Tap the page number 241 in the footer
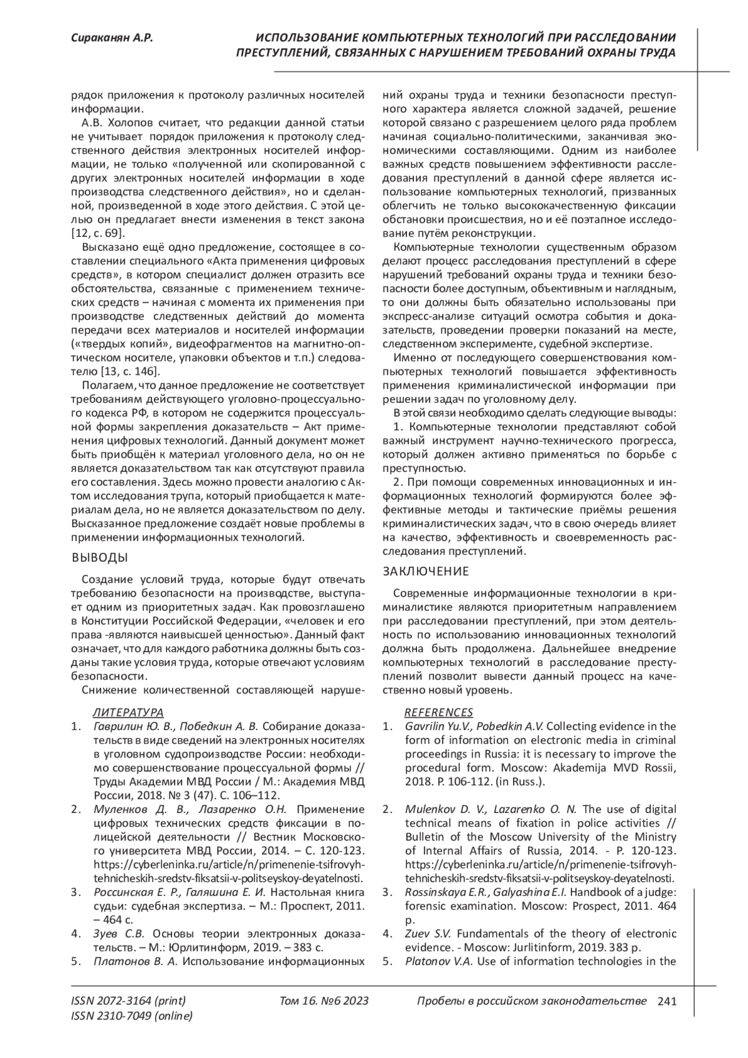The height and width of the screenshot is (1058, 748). (x=667, y=1001)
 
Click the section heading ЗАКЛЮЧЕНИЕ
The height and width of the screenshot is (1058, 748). (x=426, y=571)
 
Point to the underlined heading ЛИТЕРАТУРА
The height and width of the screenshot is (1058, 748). (x=128, y=712)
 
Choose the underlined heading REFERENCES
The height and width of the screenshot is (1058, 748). (x=439, y=712)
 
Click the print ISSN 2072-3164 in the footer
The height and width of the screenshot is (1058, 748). (x=128, y=1001)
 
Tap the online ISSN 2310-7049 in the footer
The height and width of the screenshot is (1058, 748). (x=132, y=1016)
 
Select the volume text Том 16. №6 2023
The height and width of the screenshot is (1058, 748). (x=324, y=1001)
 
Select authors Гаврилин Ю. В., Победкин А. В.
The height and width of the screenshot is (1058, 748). (x=176, y=726)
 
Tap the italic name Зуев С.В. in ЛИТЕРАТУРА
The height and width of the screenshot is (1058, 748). (x=119, y=933)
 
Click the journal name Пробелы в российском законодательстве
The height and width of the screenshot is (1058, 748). (x=531, y=1001)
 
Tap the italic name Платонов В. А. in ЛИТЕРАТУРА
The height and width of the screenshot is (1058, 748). (x=136, y=961)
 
